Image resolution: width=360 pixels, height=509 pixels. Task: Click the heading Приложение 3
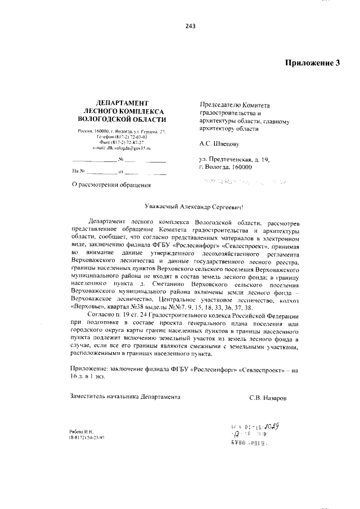[x=312, y=63]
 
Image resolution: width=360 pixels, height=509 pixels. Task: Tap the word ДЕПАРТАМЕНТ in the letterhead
[x=122, y=103]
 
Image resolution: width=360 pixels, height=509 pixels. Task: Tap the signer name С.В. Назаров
[x=268, y=397]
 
